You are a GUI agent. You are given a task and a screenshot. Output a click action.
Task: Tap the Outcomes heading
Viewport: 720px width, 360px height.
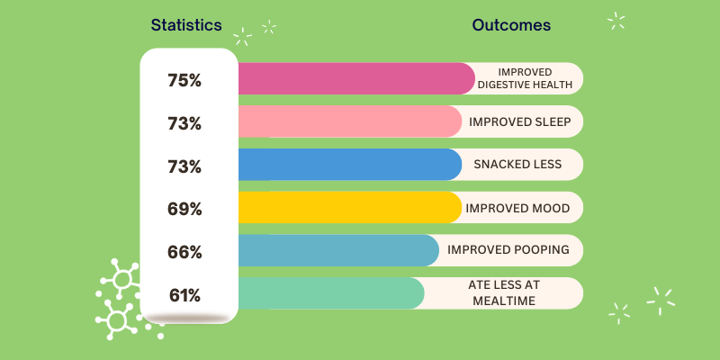511,25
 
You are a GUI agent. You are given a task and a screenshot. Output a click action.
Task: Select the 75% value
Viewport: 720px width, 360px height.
184,79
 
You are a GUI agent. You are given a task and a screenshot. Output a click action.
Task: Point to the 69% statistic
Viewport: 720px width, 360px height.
184,209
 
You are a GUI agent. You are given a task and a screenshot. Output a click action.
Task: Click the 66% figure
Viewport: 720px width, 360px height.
184,252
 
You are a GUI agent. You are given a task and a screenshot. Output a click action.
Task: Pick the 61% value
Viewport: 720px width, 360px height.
184,294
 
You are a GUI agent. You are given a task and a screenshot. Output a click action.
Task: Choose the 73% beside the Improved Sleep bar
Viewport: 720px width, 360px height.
184,122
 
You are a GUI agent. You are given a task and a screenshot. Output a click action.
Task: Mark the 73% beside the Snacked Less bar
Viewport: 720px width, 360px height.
184,166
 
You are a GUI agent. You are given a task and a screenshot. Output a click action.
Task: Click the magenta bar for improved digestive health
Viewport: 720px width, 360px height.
355,79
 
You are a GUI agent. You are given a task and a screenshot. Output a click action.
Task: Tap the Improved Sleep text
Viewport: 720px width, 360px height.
519,121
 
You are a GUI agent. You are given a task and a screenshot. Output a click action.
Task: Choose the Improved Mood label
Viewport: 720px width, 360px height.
517,208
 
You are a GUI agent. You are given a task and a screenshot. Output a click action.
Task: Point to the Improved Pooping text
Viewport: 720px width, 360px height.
508,250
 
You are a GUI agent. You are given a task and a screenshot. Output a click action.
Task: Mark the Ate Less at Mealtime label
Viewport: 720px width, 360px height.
504,293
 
